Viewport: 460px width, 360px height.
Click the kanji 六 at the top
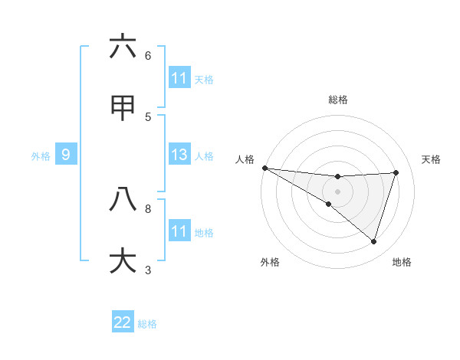123,47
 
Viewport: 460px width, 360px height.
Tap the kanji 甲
123,109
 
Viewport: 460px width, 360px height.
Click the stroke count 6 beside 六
148,55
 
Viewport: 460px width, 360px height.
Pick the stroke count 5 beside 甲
148,116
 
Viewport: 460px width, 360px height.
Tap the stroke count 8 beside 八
148,208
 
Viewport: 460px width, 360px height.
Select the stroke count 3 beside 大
148,269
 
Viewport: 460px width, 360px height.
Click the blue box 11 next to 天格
179,78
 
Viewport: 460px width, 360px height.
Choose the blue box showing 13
179,155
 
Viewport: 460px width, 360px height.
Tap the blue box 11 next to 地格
179,231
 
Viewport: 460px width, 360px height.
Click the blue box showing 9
66,155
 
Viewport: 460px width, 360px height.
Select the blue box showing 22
123,322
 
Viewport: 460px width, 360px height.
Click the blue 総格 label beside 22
147,323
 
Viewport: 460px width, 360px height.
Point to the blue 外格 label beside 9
41,156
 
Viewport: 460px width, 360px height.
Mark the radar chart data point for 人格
265,168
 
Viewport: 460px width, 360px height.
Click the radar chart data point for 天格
396,172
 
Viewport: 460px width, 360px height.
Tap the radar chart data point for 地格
373,241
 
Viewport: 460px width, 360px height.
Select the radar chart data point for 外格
329,204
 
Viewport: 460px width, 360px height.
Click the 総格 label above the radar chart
338,100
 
